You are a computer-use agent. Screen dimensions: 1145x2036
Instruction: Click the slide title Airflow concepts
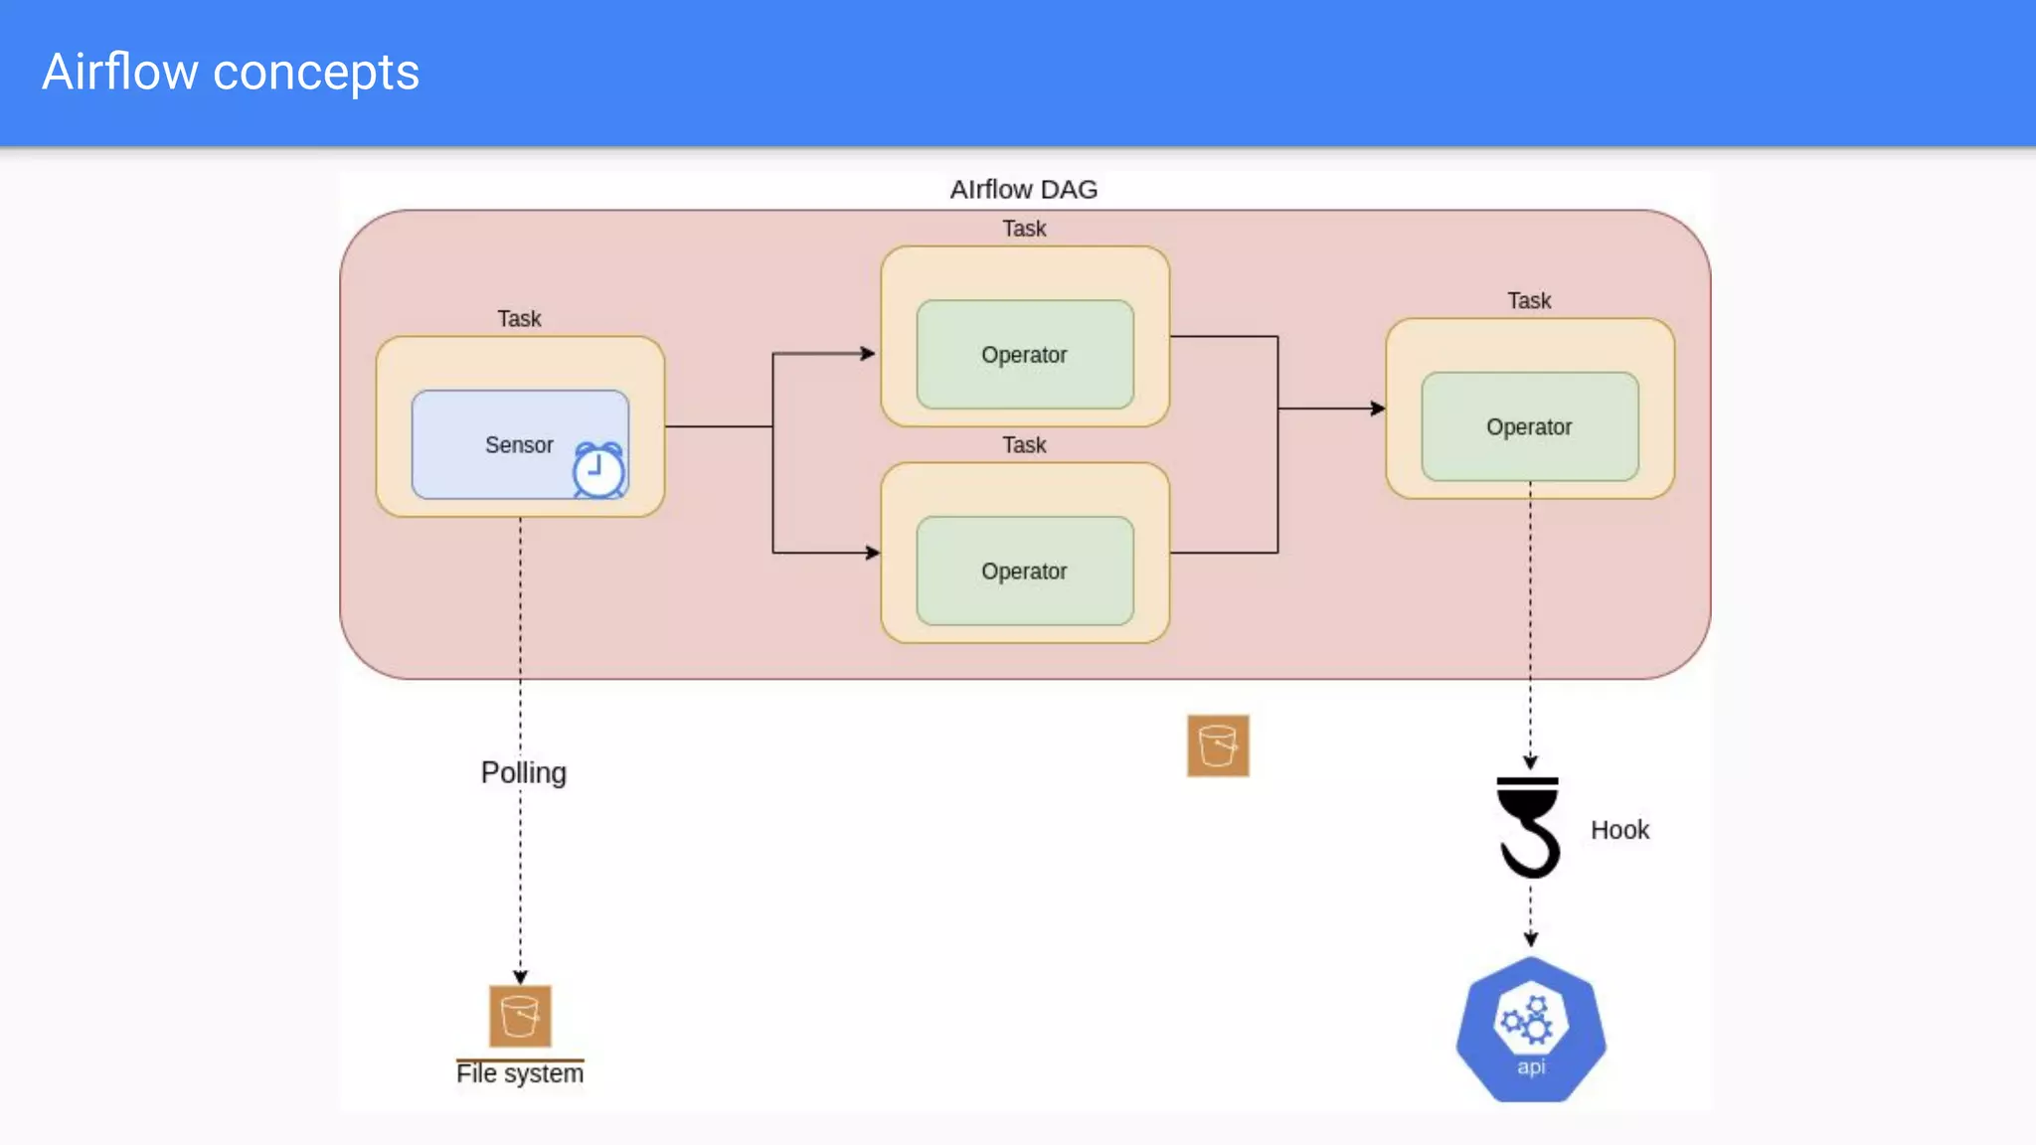231,73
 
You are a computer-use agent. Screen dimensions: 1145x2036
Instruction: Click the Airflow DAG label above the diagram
1023,189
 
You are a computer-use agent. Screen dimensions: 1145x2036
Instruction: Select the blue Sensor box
497,443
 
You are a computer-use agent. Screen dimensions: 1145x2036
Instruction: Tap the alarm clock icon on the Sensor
597,470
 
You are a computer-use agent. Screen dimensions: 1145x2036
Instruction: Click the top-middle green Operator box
1024,355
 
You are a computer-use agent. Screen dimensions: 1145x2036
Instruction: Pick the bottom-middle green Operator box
1024,572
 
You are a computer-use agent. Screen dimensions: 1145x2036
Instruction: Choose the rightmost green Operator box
1529,427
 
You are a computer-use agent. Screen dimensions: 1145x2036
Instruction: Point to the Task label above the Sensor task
519,319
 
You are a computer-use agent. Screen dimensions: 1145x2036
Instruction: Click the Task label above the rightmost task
1529,301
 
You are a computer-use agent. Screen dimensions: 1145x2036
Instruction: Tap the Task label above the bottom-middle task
1024,445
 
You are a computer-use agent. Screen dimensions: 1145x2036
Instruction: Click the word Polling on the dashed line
523,772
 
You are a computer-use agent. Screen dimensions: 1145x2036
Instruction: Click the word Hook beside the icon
1619,830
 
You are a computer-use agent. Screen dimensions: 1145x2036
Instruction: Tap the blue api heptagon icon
1531,1030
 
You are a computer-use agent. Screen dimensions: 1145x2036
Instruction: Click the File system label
520,1073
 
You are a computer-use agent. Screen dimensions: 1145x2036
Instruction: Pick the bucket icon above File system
520,1016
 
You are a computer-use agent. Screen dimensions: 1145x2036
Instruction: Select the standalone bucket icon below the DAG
1218,745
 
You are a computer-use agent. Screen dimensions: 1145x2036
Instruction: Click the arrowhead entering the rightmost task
1378,409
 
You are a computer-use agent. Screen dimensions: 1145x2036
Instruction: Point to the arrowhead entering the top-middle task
868,353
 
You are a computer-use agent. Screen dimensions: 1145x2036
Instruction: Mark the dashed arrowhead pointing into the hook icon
1530,762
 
